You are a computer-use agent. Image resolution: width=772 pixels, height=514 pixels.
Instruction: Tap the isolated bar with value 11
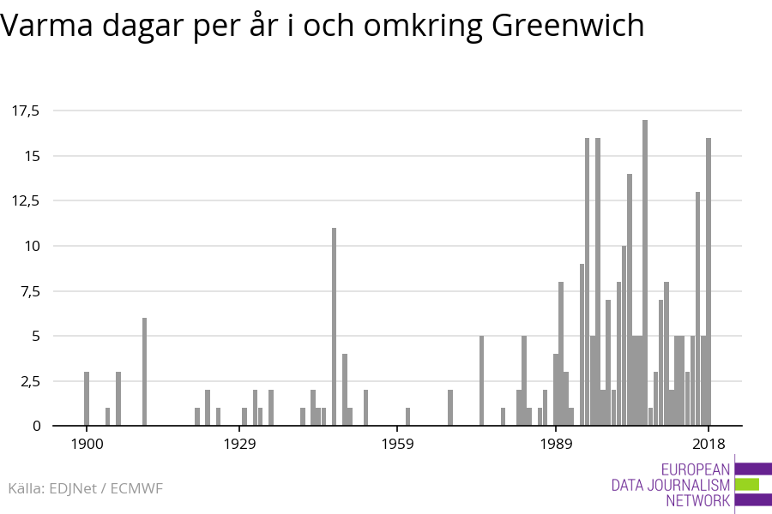334,326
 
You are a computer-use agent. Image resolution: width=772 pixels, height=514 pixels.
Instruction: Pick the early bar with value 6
144,372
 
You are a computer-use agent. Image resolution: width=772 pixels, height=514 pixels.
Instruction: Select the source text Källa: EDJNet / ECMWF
85,488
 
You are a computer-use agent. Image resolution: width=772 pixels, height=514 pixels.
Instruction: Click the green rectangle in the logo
747,484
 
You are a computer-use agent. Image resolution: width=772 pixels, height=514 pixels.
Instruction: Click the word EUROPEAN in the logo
696,469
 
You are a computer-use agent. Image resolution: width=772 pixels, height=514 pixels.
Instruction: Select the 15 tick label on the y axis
32,156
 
